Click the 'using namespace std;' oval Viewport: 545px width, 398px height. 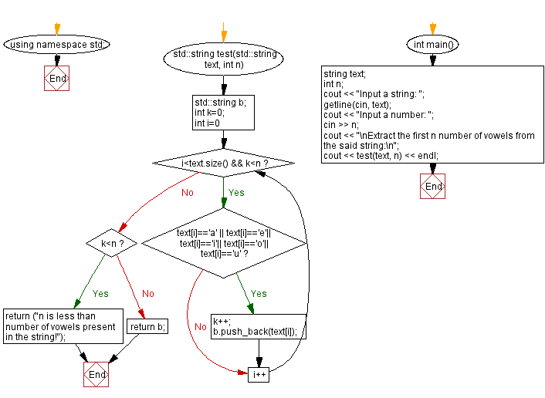(56, 44)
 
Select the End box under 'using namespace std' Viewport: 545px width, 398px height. (56, 78)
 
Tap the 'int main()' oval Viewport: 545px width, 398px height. (434, 44)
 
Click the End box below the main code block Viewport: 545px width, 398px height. (434, 186)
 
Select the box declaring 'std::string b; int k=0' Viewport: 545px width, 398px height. (223, 113)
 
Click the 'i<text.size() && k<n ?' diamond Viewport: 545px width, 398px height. (223, 164)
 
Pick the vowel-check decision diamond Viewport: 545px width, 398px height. (223, 243)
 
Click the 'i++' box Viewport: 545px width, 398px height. (259, 374)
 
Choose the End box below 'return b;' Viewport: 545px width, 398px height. (96, 374)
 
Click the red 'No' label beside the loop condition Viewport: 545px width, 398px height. (187, 193)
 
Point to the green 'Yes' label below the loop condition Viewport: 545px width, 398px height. (236, 193)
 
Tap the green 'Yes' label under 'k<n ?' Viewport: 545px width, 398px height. (100, 294)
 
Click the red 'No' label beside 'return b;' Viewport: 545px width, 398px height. (148, 294)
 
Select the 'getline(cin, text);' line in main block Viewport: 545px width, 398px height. (357, 104)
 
